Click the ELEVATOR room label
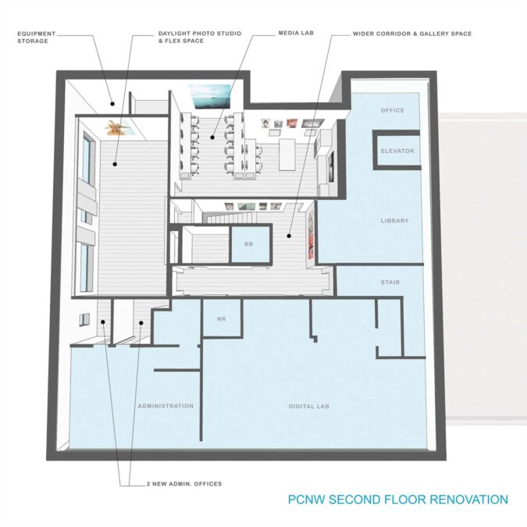pyautogui.click(x=397, y=151)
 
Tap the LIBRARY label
pyautogui.click(x=394, y=221)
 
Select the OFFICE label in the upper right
pyautogui.click(x=393, y=110)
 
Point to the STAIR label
pyautogui.click(x=390, y=283)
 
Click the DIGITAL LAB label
pyautogui.click(x=309, y=406)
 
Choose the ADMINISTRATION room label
pyautogui.click(x=166, y=406)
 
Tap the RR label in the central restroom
pyautogui.click(x=249, y=244)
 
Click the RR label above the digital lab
pyautogui.click(x=221, y=319)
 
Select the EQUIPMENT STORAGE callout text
pyautogui.click(x=36, y=37)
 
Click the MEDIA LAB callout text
pyautogui.click(x=296, y=33)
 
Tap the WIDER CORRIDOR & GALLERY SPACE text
pyautogui.click(x=412, y=34)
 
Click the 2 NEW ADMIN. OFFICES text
pyautogui.click(x=184, y=484)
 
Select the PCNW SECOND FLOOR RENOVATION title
pyautogui.click(x=398, y=500)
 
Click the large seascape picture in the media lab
pyautogui.click(x=210, y=97)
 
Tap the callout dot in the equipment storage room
pyautogui.click(x=112, y=104)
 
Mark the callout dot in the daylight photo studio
pyautogui.click(x=115, y=165)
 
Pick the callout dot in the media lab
pyautogui.click(x=212, y=137)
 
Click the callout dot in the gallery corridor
pyautogui.click(x=289, y=236)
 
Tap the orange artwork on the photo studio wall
pyautogui.click(x=116, y=128)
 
